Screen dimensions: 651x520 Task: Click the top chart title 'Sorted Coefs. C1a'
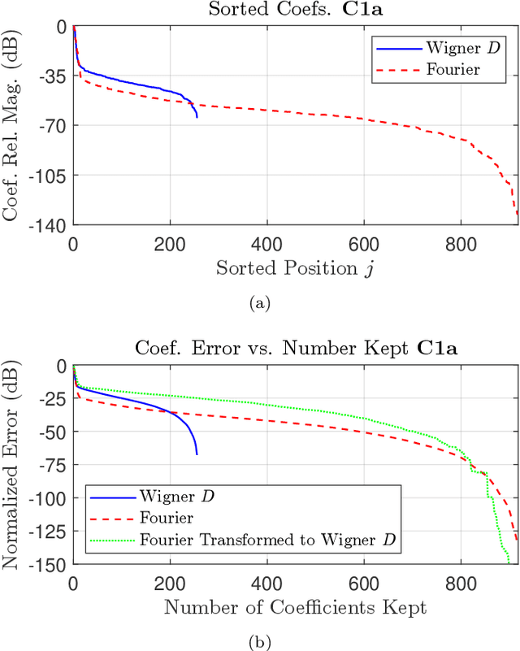[296, 11]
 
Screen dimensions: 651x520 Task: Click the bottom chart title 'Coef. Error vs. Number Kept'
[296, 350]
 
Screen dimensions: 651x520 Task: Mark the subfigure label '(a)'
[259, 303]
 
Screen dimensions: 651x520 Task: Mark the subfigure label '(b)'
[259, 641]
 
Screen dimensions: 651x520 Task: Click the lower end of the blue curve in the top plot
[197, 117]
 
